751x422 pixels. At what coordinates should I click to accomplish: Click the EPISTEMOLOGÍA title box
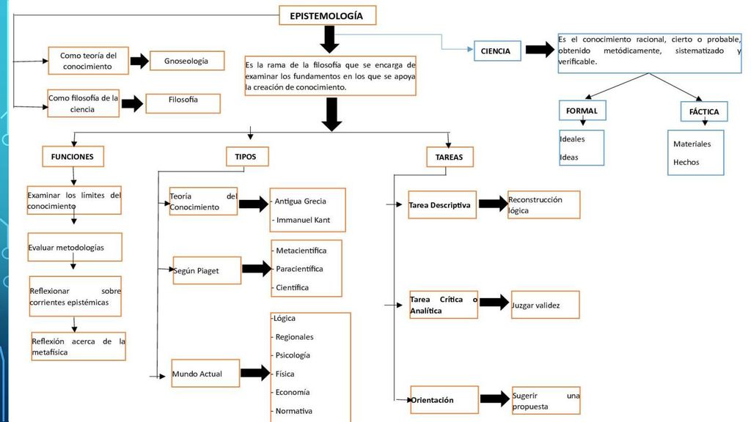point(328,15)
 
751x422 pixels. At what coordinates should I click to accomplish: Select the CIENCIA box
point(497,51)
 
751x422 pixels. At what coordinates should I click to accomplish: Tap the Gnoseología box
point(187,61)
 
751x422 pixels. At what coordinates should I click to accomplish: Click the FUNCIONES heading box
point(73,157)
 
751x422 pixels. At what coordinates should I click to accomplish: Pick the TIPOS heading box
point(247,157)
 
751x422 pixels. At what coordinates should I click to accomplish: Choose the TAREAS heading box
point(450,157)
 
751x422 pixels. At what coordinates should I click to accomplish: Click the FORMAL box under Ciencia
point(582,111)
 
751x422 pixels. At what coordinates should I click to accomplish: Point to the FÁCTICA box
point(704,111)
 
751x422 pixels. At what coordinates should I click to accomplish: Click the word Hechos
point(686,162)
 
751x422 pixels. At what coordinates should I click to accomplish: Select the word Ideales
point(572,139)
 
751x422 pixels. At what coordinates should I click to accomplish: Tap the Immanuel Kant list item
point(303,220)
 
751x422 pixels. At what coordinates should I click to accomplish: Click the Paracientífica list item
point(299,269)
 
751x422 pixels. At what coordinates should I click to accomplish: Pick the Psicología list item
point(292,355)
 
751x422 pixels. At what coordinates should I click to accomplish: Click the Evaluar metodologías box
point(75,247)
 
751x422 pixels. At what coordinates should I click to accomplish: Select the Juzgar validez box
point(545,305)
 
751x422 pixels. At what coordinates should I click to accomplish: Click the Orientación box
point(444,399)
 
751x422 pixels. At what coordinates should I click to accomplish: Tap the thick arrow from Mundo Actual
point(255,373)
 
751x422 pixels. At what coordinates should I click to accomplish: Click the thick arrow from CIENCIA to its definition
point(541,49)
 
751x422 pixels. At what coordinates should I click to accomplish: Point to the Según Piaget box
point(207,270)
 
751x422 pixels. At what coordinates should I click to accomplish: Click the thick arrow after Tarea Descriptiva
point(494,204)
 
